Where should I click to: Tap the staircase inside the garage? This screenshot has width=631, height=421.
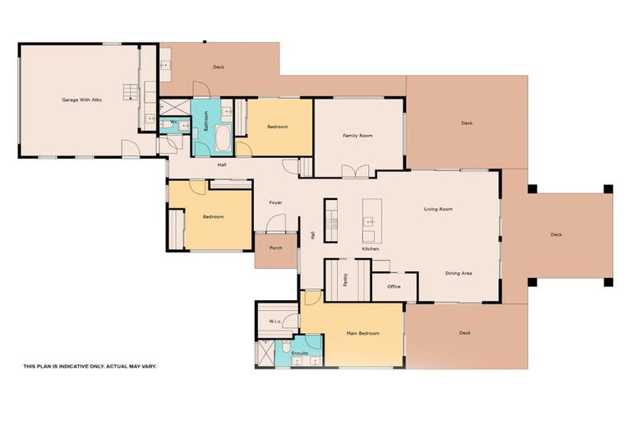(130, 91)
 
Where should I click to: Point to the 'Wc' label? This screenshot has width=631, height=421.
(174, 122)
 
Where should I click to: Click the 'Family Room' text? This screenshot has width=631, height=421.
(358, 135)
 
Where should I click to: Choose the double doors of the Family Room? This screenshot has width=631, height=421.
(356, 171)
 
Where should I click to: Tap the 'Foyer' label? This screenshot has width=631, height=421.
(275, 202)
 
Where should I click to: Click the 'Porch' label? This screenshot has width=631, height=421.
(275, 248)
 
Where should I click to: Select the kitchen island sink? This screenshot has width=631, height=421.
(369, 221)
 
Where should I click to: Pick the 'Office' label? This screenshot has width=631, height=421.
(394, 286)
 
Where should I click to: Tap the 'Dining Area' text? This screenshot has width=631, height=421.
(458, 273)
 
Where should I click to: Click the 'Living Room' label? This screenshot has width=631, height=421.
(438, 209)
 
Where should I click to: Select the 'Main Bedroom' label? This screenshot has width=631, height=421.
(362, 333)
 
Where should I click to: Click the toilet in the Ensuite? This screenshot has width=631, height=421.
(285, 347)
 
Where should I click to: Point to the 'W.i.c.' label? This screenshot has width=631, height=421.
(275, 321)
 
